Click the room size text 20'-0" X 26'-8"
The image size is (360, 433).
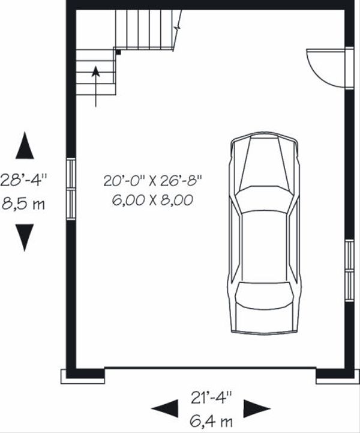pyautogui.click(x=152, y=180)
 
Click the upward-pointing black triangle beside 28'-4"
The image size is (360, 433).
pyautogui.click(x=25, y=146)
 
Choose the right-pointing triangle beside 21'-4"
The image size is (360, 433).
pyautogui.click(x=256, y=408)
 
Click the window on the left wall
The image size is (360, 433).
pyautogui.click(x=71, y=189)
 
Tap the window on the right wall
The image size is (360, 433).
pyautogui.click(x=349, y=270)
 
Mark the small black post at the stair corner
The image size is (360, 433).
pyautogui.click(x=119, y=53)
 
